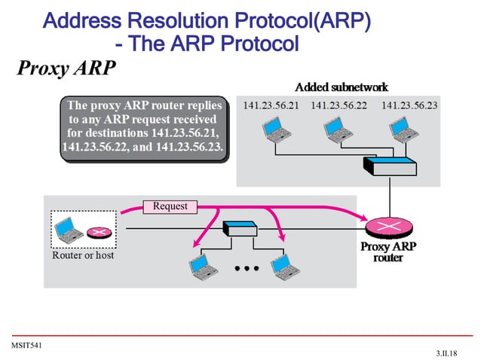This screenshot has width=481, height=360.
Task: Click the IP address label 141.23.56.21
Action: [x=270, y=105]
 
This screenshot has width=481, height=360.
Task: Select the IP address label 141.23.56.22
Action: [x=339, y=105]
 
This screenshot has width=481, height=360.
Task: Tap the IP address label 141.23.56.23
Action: [x=409, y=105]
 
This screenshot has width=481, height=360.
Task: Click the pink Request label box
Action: [x=170, y=206]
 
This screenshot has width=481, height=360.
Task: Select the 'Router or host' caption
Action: [x=83, y=255]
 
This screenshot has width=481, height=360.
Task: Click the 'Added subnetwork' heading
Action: [x=342, y=87]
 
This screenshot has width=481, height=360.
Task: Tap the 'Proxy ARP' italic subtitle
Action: [x=66, y=69]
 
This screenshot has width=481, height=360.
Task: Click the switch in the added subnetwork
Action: [x=388, y=165]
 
